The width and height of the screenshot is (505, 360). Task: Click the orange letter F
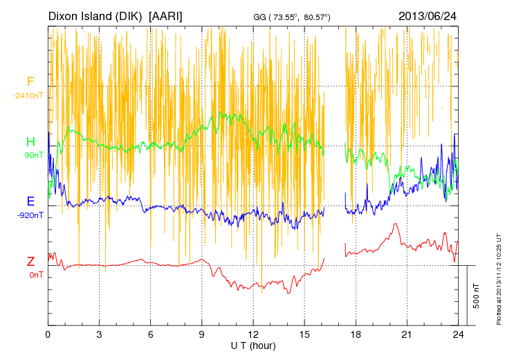pos(30,82)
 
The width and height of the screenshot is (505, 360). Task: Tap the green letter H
pos(30,142)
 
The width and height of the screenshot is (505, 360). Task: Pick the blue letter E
pos(30,201)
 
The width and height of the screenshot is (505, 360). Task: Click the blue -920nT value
pos(30,215)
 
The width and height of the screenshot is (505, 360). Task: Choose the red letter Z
pos(30,262)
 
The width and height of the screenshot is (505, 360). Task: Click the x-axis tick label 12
pos(253,334)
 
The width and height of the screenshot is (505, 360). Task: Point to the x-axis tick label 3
pos(100,334)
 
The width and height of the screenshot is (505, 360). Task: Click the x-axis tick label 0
pos(48,334)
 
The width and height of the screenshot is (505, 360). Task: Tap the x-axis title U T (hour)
pos(252,345)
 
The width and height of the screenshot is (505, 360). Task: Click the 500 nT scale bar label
pos(477,296)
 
